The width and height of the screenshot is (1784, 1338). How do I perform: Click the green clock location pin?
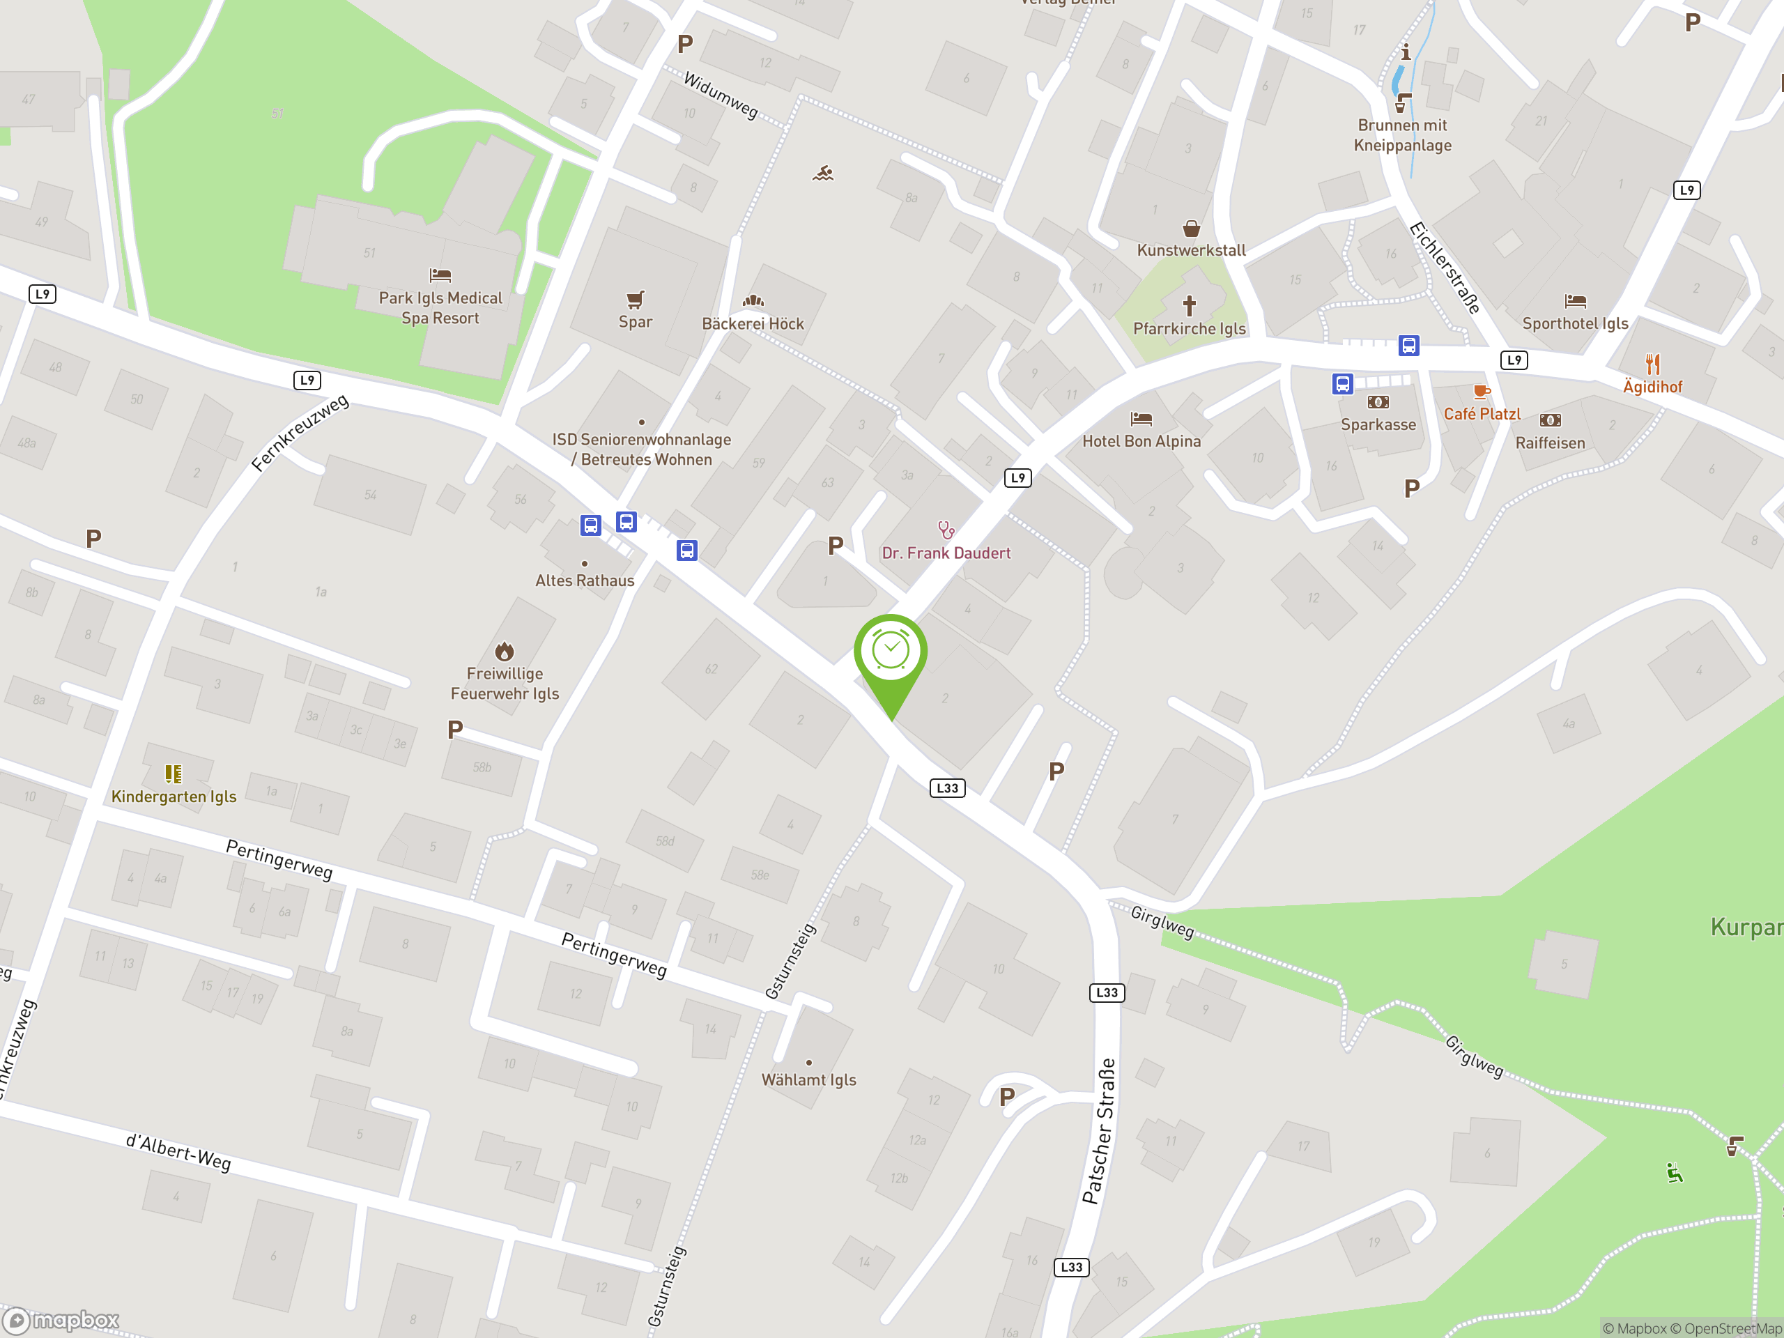(x=891, y=653)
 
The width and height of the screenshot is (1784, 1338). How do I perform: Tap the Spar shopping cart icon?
(x=636, y=300)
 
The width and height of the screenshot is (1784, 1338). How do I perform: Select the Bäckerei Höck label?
(x=753, y=323)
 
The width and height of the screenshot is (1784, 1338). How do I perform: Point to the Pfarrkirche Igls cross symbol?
(x=1189, y=306)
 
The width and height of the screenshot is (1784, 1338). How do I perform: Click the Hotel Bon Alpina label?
(x=1141, y=441)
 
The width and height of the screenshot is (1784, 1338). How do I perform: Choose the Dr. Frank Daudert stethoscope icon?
(x=946, y=530)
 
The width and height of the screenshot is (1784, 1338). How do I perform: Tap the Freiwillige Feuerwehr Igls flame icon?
(x=505, y=651)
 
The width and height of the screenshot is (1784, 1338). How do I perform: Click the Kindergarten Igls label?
(x=174, y=796)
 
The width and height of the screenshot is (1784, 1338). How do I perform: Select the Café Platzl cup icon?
(x=1481, y=392)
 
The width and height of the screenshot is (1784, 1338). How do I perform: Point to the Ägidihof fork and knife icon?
(x=1652, y=364)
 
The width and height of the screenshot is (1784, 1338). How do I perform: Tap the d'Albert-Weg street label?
(x=178, y=1152)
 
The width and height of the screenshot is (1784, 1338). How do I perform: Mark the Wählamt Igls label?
(x=809, y=1080)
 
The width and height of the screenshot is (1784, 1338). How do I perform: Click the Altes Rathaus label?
(x=585, y=580)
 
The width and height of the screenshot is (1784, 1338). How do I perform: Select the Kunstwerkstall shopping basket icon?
(x=1191, y=229)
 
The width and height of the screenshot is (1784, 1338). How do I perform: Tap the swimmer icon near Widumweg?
(x=822, y=174)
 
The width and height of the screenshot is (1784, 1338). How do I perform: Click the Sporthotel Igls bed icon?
(x=1575, y=302)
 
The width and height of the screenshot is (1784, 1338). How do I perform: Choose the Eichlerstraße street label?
(x=1445, y=267)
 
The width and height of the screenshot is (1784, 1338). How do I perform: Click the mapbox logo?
(x=61, y=1321)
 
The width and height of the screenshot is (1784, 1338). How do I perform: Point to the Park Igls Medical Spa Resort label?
(x=440, y=308)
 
